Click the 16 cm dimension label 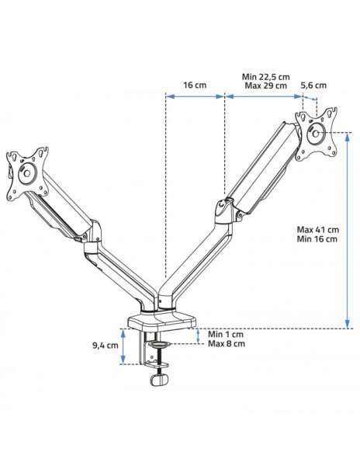[195, 85]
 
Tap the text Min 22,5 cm [265, 77]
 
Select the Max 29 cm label [265, 85]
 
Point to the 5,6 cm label [313, 85]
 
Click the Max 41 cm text [317, 229]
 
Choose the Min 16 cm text [317, 238]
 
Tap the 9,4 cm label [105, 346]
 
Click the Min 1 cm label [226, 334]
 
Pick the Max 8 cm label [227, 343]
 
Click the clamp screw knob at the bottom [159, 380]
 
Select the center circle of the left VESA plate [27, 173]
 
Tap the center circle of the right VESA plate [316, 134]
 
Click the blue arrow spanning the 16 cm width [195, 96]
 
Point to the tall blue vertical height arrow [348, 231]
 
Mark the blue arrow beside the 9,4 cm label [123, 346]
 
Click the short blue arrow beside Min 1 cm [198, 336]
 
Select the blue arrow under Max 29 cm [264, 96]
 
